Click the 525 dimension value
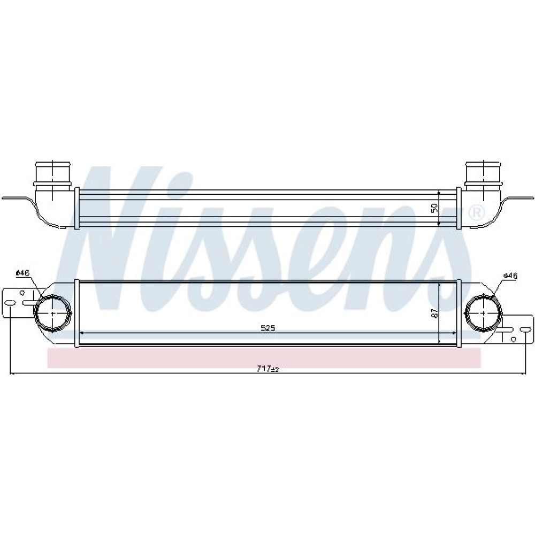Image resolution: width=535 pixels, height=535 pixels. click(268, 328)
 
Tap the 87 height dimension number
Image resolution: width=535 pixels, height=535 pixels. click(434, 314)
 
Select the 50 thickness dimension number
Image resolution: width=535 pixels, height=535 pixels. click(434, 208)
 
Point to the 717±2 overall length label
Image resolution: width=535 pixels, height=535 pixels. click(268, 369)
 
